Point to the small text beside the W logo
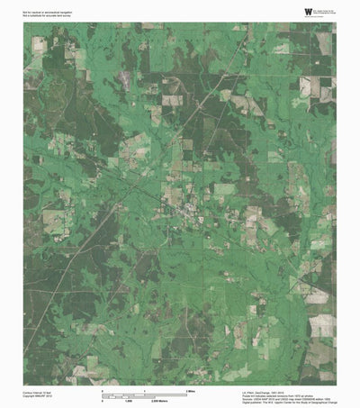click(x=310, y=11)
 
